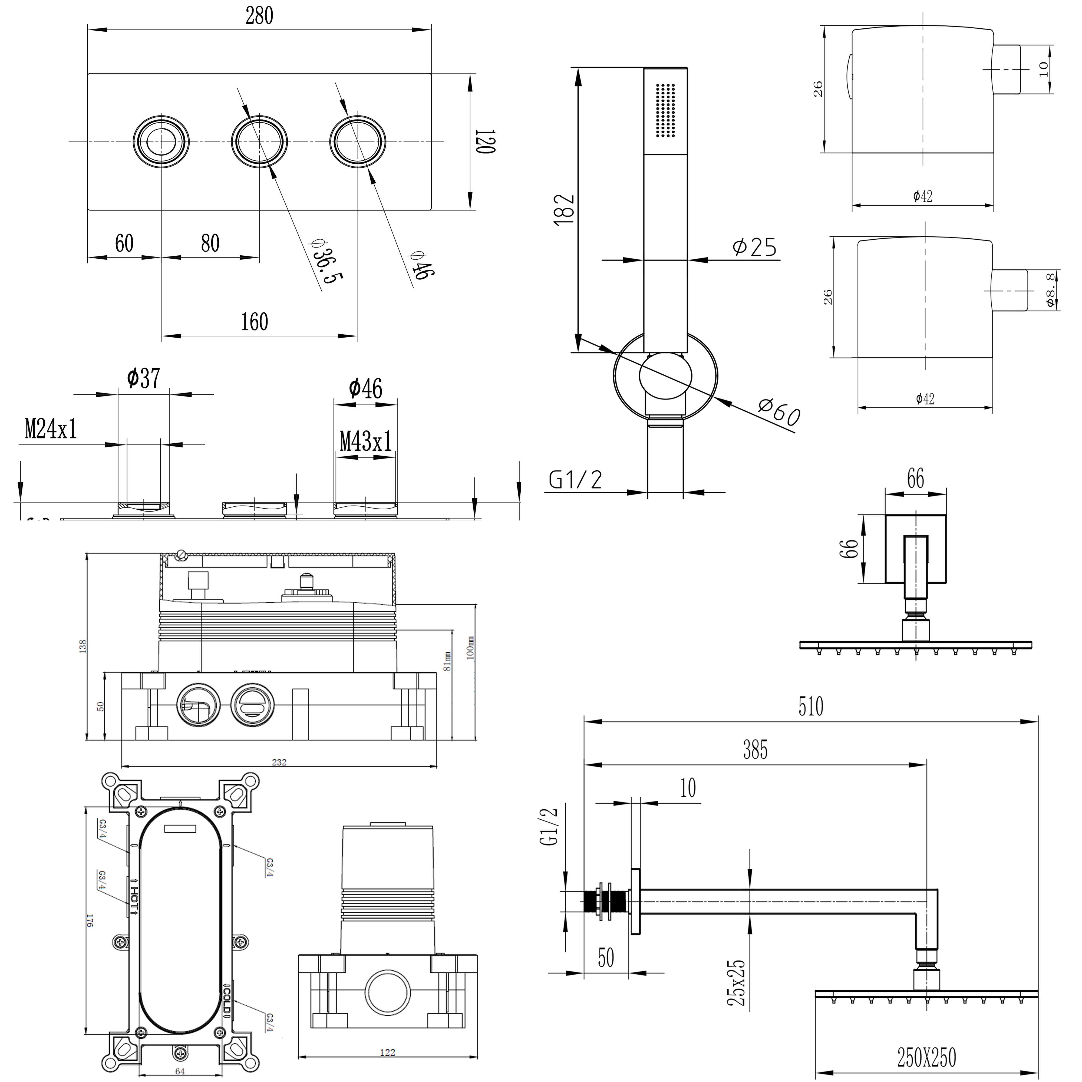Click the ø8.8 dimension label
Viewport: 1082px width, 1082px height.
1051,289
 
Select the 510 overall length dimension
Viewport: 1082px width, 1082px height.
810,707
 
